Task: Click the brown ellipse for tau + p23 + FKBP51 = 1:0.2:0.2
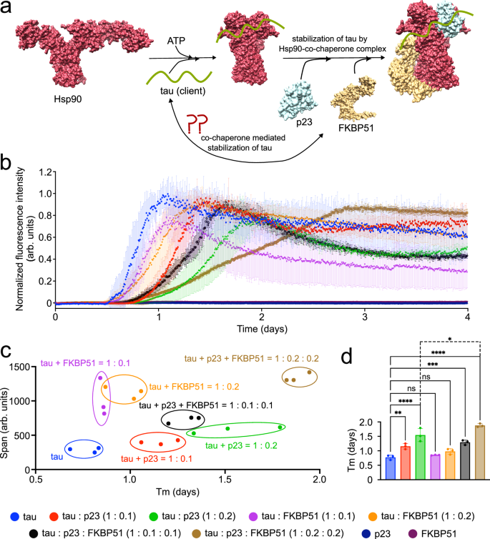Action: [x=299, y=377]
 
